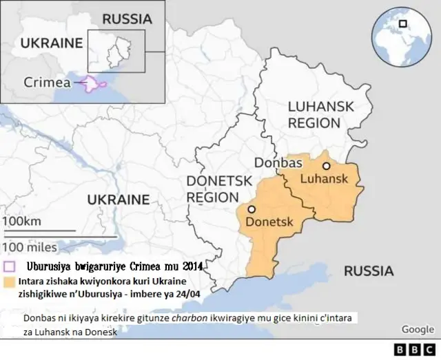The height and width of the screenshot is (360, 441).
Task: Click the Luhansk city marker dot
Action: pos(326,166)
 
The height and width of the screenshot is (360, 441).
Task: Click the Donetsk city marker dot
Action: pos(252,209)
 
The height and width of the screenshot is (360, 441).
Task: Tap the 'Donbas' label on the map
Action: pos(279,163)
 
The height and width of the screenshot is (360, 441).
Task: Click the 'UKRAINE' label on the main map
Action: pos(118,200)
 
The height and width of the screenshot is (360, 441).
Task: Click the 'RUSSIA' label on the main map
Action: pos(369,271)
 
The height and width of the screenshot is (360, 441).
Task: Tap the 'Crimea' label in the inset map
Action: pos(47,82)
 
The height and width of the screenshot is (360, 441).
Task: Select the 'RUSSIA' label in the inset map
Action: pos(127,19)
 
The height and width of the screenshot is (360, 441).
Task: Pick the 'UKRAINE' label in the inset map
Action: pos(51,43)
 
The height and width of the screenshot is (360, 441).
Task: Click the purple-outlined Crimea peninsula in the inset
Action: pos(93,83)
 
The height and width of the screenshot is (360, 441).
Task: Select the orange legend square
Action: pos(9,282)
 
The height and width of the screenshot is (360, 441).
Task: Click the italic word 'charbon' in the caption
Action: pos(172,319)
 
